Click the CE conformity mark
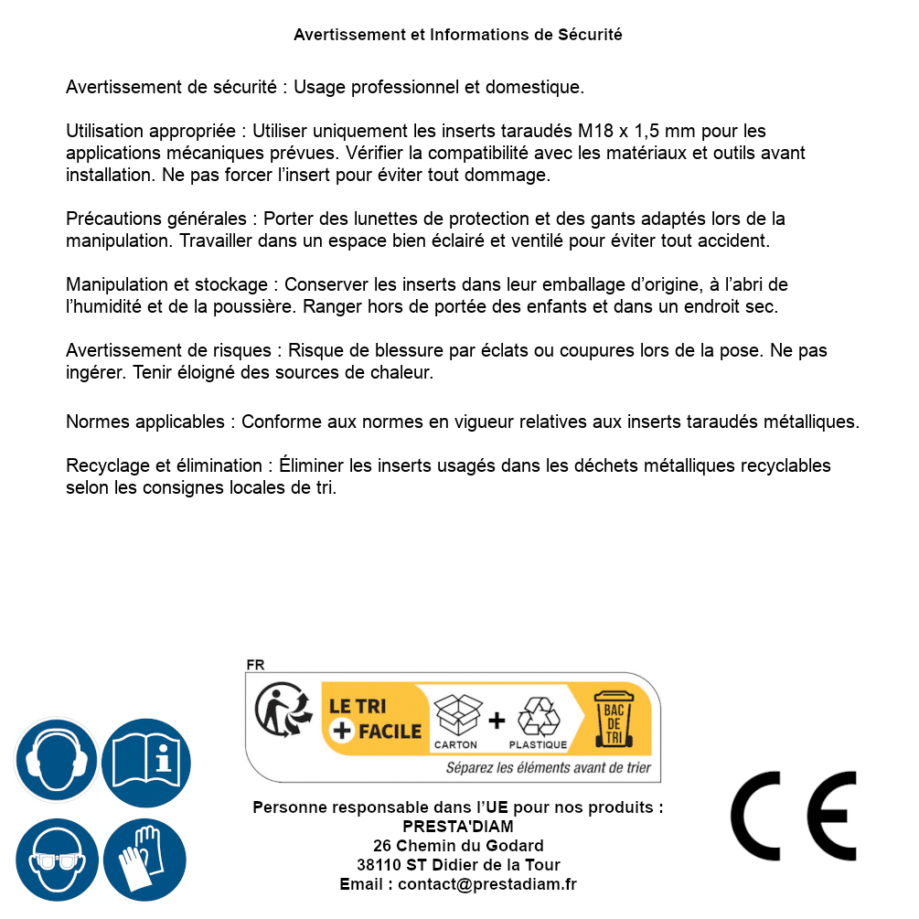tap(793, 816)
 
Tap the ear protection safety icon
tap(56, 760)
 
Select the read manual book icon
tap(146, 760)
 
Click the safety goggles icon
tap(56, 860)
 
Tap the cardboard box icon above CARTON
tap(455, 717)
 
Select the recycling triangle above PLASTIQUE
tap(538, 717)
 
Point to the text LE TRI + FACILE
tap(375, 719)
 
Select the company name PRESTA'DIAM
tap(458, 827)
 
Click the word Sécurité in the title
tap(590, 35)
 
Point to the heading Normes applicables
tap(145, 422)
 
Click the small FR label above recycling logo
tap(255, 665)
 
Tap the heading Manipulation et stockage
tap(164, 285)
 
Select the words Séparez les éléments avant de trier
tap(548, 767)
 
